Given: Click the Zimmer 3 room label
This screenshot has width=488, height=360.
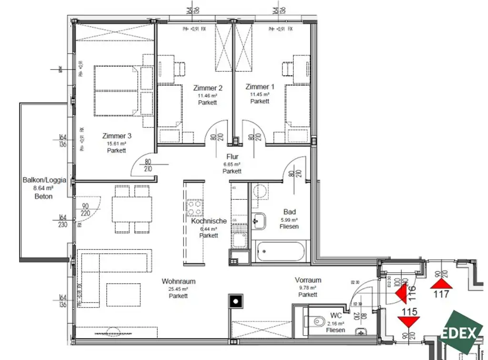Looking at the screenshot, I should tap(117, 136).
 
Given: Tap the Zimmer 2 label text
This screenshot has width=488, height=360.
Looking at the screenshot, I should tap(208, 88).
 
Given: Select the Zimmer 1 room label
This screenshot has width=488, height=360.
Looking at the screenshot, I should tap(260, 87).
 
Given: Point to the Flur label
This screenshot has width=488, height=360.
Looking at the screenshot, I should tap(233, 156).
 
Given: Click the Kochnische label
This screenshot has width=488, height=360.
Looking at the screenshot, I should tap(208, 221).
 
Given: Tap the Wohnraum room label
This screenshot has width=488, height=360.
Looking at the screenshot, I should tap(178, 281).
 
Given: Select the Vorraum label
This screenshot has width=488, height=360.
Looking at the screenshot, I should tap(308, 280).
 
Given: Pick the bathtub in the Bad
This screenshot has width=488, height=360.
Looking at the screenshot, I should tap(279, 252).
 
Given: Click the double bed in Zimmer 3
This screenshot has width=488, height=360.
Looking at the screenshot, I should tap(117, 91).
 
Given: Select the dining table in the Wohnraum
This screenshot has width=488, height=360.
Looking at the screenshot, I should tap(132, 209).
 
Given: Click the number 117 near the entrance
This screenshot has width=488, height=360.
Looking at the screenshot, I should tap(442, 294).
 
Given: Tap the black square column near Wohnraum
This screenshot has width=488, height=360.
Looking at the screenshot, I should tap(236, 300).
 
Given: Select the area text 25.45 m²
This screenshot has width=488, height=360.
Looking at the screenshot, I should tap(178, 289).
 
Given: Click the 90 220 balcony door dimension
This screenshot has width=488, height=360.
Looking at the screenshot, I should tap(86, 210).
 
